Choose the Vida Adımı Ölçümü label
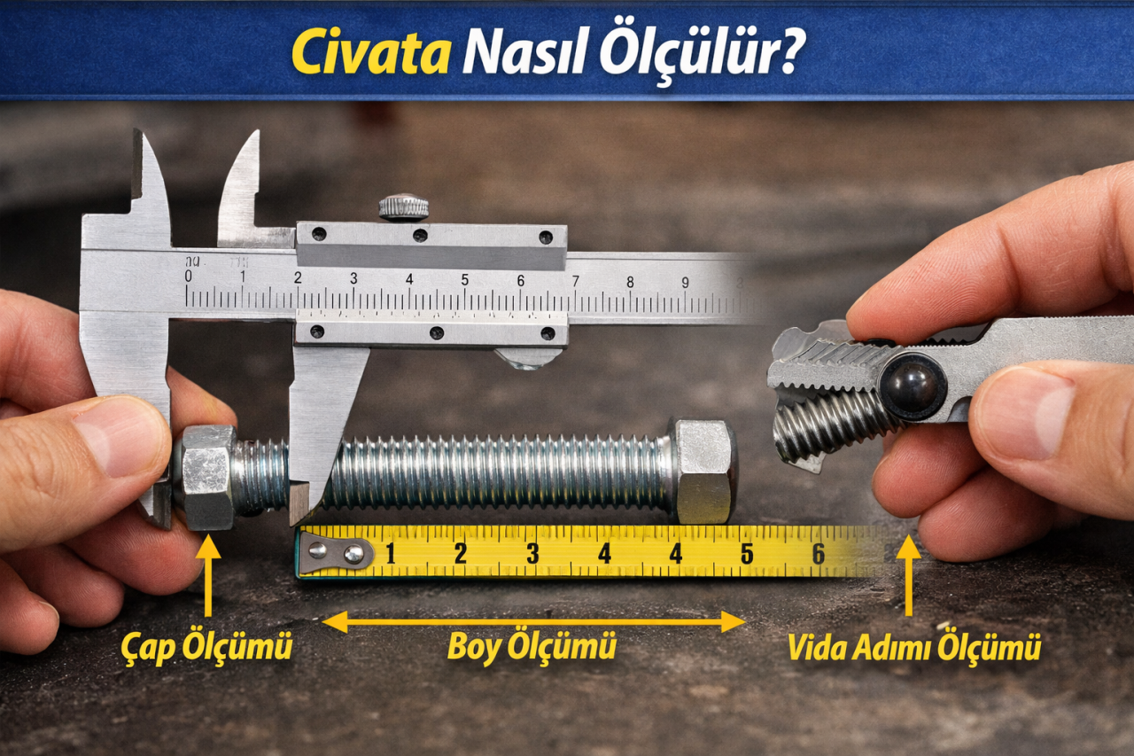click(x=913, y=648)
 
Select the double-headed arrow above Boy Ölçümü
click(x=533, y=621)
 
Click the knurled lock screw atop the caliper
click(x=404, y=207)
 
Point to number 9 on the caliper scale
click(x=685, y=283)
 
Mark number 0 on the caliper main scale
click(x=188, y=277)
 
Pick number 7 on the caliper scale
click(x=575, y=282)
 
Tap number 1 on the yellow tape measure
click(x=390, y=554)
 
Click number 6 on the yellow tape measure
click(x=818, y=554)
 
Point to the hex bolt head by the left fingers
click(x=206, y=477)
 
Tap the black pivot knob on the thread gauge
click(x=913, y=386)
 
